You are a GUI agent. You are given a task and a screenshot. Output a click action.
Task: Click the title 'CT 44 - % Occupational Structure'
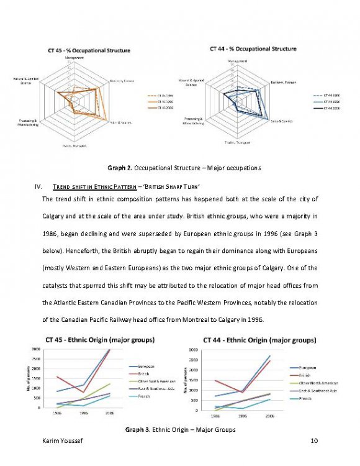pos(250,48)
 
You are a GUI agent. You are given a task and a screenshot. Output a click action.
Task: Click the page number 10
pos(313,441)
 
